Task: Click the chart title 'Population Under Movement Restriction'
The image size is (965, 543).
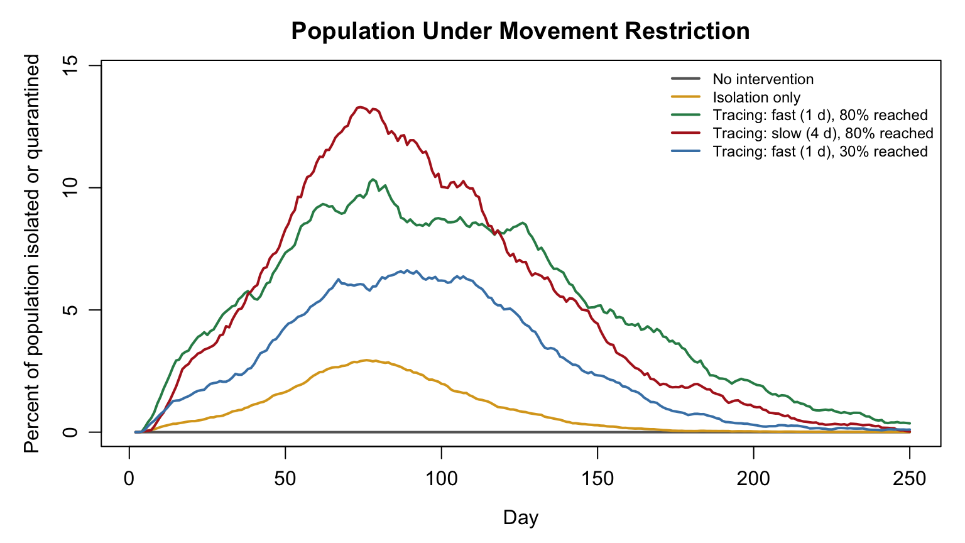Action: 520,31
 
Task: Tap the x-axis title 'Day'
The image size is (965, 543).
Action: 520,518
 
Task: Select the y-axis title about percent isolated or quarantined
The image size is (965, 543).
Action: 31,253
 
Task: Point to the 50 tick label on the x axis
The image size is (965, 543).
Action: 285,479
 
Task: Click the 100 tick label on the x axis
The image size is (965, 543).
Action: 442,479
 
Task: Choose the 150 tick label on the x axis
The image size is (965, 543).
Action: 597,479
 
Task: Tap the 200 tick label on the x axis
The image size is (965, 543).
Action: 753,479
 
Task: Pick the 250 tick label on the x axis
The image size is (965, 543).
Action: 910,479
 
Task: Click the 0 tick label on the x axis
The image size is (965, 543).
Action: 129,479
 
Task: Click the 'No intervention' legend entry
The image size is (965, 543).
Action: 742,79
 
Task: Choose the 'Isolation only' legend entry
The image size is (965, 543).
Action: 736,97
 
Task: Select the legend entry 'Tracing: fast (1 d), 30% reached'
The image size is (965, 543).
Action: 799,151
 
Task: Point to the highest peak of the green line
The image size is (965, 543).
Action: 373,179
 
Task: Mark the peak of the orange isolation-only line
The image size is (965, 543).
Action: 367,360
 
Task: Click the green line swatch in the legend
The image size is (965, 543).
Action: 686,115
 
